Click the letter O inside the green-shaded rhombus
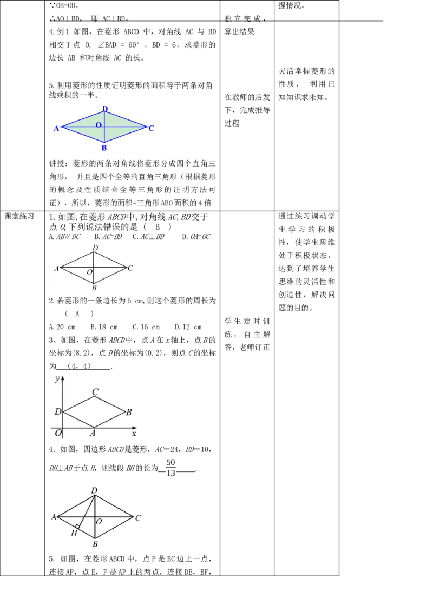click(x=99, y=125)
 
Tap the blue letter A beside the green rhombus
click(x=56, y=129)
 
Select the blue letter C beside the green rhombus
click(x=152, y=128)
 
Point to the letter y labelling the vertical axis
click(x=56, y=379)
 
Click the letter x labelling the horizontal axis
click(x=134, y=434)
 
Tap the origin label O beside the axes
click(x=57, y=433)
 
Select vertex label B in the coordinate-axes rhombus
click(x=129, y=413)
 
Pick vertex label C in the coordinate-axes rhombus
click(x=95, y=392)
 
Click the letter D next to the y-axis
click(x=57, y=412)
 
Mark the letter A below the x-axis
click(x=93, y=434)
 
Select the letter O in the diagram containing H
click(x=99, y=522)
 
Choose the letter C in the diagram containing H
click(x=138, y=518)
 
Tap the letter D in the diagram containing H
click(x=94, y=490)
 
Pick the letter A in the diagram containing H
click(x=54, y=517)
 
